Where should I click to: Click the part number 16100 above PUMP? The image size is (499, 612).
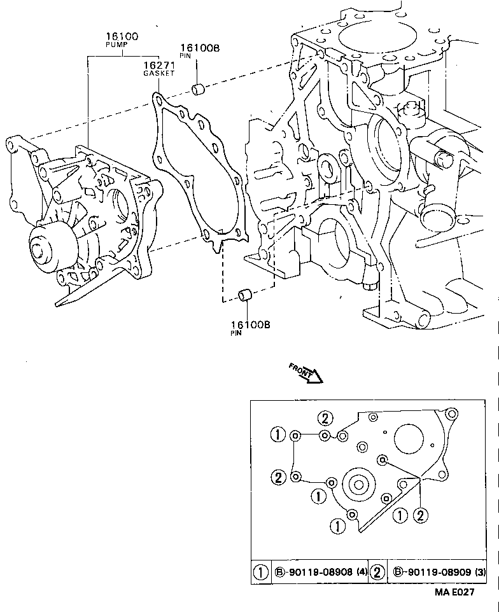(x=122, y=38)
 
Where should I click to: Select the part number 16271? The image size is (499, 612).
(x=158, y=65)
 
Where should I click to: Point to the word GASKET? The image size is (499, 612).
(x=158, y=74)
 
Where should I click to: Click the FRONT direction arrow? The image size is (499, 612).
(x=307, y=373)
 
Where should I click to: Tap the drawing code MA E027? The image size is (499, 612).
(x=454, y=592)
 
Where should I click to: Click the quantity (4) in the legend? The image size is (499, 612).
(x=360, y=573)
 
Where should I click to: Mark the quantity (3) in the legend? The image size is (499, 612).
(x=477, y=573)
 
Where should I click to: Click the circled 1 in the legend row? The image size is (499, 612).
(x=261, y=573)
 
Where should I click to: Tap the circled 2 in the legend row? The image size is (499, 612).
(x=377, y=573)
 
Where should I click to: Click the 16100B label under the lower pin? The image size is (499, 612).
(x=250, y=324)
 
